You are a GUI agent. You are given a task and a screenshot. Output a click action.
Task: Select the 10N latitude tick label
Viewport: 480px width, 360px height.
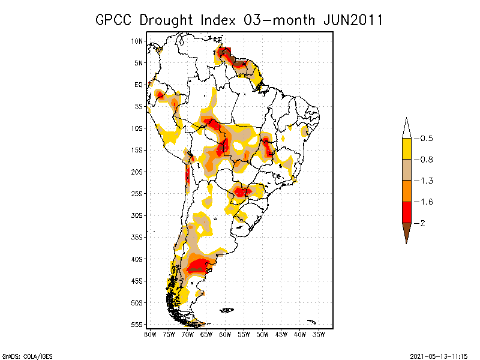point(137,41)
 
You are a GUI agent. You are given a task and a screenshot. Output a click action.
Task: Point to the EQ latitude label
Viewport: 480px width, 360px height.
point(139,85)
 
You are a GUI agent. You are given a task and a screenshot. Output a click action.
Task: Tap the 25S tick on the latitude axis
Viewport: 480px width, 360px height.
point(137,193)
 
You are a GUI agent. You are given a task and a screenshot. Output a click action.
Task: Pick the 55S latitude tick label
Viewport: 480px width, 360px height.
point(137,324)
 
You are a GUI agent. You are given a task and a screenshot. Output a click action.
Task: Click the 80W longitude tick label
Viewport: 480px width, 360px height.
point(150,334)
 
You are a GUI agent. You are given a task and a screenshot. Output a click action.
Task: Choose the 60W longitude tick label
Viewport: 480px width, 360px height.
point(226,334)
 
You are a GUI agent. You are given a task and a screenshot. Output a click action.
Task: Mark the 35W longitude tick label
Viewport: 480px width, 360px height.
point(319,334)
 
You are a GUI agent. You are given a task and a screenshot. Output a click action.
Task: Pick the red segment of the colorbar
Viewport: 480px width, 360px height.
point(406,212)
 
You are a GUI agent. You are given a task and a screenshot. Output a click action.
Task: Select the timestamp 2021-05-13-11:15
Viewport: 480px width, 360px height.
point(439,356)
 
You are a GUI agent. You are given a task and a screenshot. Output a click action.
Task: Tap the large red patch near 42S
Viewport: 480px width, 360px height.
point(199,266)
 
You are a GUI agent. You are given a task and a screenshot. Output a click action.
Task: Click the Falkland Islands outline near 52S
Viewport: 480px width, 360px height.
point(227,310)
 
